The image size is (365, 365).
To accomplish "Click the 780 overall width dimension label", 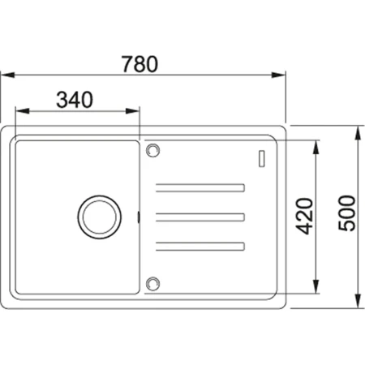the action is (140, 64).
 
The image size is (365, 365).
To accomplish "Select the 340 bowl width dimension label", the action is (75, 100).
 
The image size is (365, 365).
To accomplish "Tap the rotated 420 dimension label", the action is (304, 216).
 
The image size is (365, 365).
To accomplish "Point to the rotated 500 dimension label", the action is (347, 213).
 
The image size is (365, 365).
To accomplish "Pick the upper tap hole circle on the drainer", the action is (152, 150).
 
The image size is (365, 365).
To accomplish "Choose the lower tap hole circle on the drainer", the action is (152, 284).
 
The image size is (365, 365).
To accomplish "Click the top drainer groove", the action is (200, 188).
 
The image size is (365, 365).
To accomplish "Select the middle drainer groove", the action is (200, 217).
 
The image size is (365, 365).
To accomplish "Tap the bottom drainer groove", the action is (200, 247).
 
